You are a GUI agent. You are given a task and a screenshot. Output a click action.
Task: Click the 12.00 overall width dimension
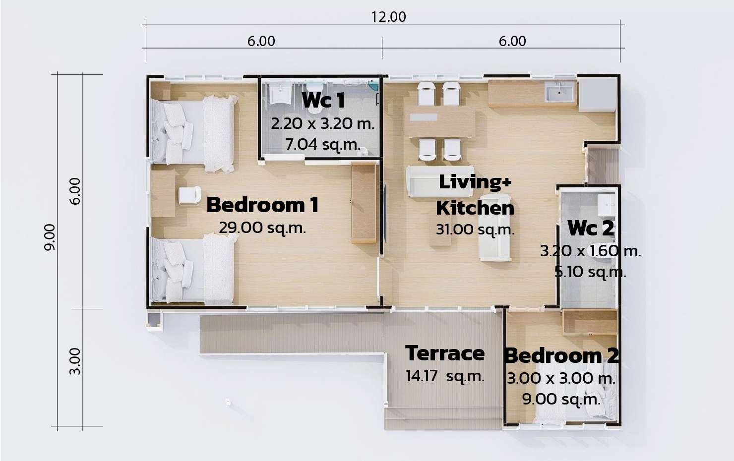(388, 17)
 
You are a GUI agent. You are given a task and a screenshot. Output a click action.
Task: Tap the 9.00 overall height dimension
(50, 237)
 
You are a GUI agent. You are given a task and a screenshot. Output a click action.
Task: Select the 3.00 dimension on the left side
(75, 361)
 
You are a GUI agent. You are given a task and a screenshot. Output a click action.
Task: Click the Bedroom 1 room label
(262, 205)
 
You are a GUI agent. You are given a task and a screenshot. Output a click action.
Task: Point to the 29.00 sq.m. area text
(262, 228)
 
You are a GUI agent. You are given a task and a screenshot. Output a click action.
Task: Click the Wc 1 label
(323, 100)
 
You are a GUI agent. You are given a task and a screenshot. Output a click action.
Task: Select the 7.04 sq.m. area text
(323, 144)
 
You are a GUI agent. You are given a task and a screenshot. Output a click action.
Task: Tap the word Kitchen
(475, 208)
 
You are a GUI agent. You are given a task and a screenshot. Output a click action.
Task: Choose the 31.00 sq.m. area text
(475, 230)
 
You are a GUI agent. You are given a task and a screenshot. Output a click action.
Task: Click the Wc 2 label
(591, 229)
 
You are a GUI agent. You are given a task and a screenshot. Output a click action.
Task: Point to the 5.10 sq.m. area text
(590, 272)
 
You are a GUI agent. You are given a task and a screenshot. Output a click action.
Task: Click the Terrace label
(445, 353)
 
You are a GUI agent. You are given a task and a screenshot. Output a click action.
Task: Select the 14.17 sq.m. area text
(445, 376)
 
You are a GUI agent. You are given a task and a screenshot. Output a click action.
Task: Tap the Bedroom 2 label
(561, 355)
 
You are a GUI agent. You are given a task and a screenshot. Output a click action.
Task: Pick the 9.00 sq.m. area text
(561, 399)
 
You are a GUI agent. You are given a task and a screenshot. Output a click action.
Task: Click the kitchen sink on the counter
(559, 92)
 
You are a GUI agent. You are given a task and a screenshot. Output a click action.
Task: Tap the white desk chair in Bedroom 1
(189, 195)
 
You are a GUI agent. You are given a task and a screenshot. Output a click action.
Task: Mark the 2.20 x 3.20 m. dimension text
(322, 123)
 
